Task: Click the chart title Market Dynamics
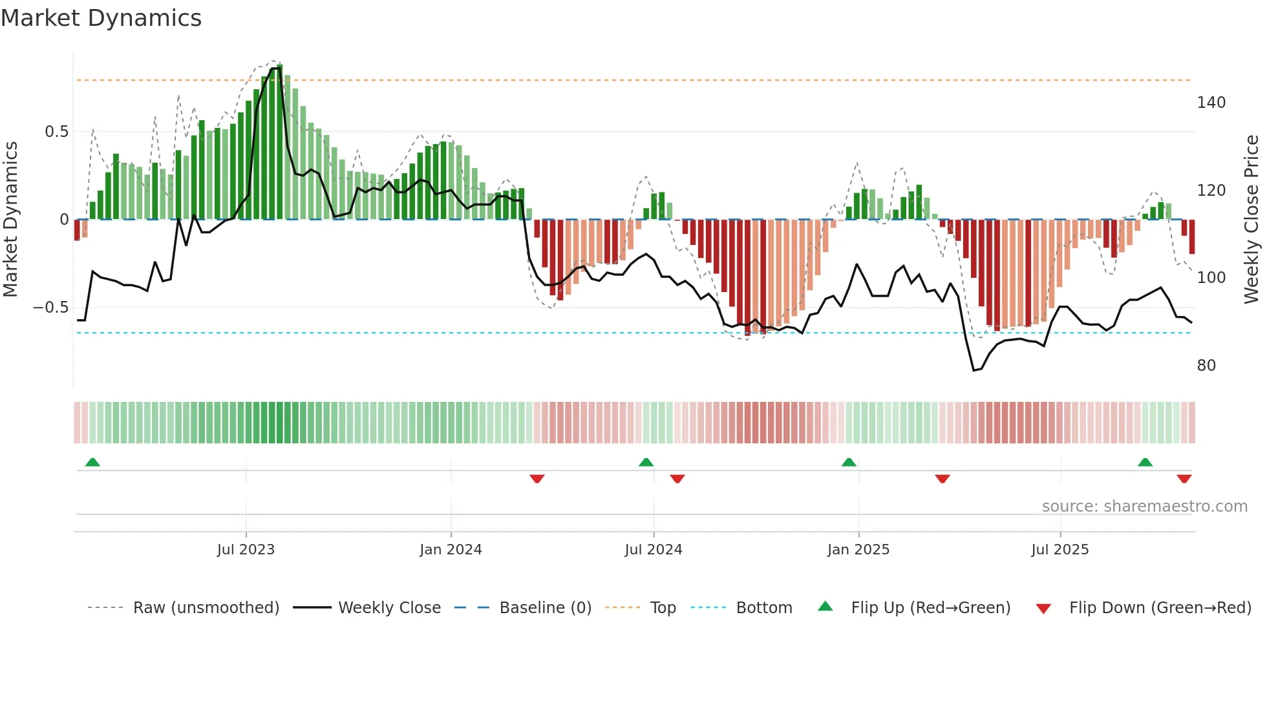(x=101, y=18)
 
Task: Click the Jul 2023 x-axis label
(x=246, y=550)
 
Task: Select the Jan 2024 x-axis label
(x=451, y=550)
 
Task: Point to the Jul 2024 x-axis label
(x=654, y=550)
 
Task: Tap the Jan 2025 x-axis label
(x=858, y=550)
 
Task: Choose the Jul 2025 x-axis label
(x=1060, y=550)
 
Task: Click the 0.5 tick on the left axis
(x=57, y=132)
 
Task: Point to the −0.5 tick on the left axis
(x=51, y=308)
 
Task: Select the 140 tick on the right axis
(x=1211, y=103)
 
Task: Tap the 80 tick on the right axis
(x=1206, y=366)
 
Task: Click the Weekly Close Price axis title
(x=1252, y=220)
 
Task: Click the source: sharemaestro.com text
(x=1144, y=507)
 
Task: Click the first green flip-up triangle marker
(x=92, y=462)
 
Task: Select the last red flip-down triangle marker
(x=1184, y=479)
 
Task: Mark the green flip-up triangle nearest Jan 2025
(x=849, y=462)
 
